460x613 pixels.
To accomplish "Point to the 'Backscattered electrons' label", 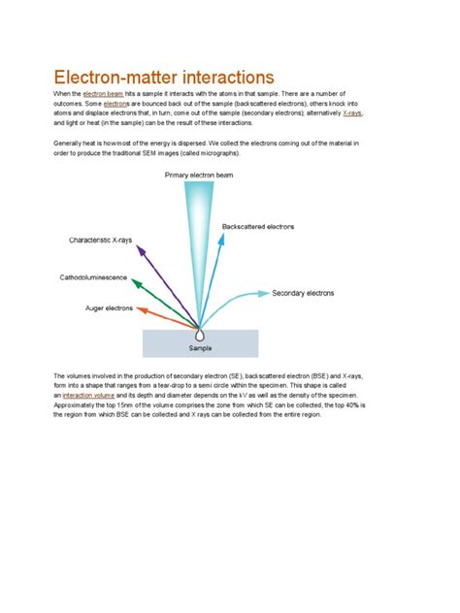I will [258, 228].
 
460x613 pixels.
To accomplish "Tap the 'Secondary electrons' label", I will [308, 292].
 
